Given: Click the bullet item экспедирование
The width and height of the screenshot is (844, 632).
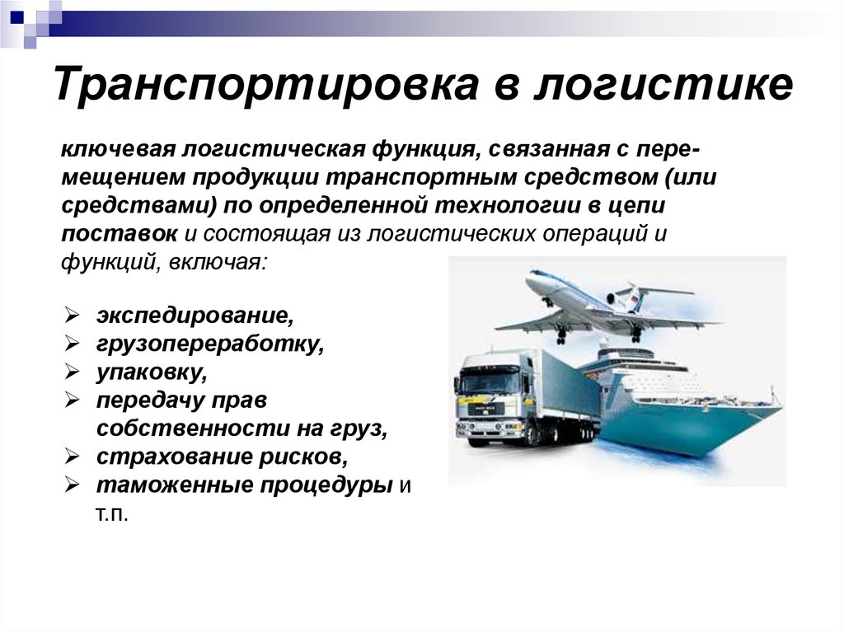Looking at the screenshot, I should (x=194, y=315).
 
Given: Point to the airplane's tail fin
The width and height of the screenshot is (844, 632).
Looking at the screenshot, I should (x=634, y=297).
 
